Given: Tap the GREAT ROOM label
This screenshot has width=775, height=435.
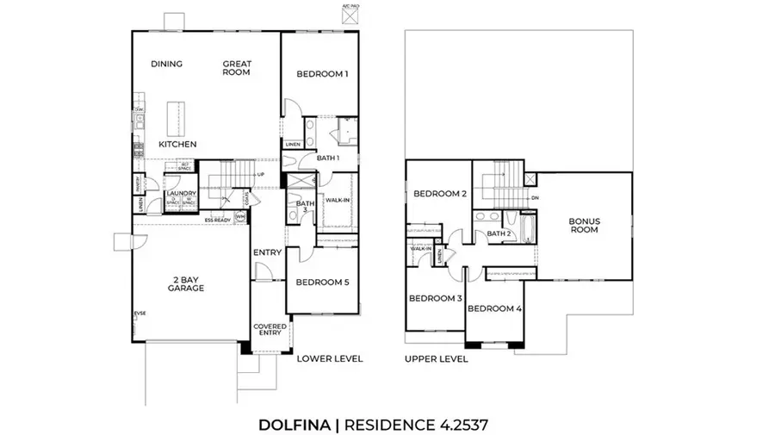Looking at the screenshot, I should tap(236, 68).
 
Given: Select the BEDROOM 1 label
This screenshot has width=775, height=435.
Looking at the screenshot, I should tap(322, 75).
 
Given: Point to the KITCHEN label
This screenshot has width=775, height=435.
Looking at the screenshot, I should tap(177, 144).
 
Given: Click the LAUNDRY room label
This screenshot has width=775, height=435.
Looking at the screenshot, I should tap(183, 194).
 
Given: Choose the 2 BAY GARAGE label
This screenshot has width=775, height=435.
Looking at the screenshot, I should tap(186, 283).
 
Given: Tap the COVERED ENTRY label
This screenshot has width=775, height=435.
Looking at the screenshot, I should tap(270, 331).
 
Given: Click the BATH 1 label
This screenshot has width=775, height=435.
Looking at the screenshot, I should tap(328, 158).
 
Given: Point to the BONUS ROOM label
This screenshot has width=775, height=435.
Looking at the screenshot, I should tap(584, 227).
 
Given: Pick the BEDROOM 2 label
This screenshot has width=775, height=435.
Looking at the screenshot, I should tap(438, 194).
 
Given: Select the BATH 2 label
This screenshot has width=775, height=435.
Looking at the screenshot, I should tap(499, 233).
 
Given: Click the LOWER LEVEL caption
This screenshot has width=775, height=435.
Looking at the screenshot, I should tap(330, 358).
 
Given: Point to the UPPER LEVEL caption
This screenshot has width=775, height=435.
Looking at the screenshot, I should tap(437, 358).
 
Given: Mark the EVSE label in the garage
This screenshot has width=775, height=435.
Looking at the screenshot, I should tap(139, 313).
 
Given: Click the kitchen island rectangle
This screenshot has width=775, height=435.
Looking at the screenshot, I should tap(177, 117).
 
